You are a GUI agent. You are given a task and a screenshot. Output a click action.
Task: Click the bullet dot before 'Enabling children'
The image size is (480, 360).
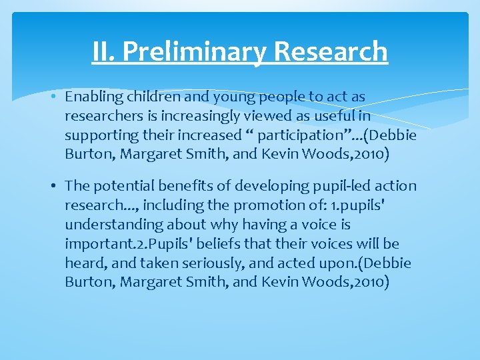(53, 97)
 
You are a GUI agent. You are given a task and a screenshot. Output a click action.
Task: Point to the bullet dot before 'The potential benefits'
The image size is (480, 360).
(53, 187)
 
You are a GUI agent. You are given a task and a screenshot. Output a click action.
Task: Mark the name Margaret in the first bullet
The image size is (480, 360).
(151, 154)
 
